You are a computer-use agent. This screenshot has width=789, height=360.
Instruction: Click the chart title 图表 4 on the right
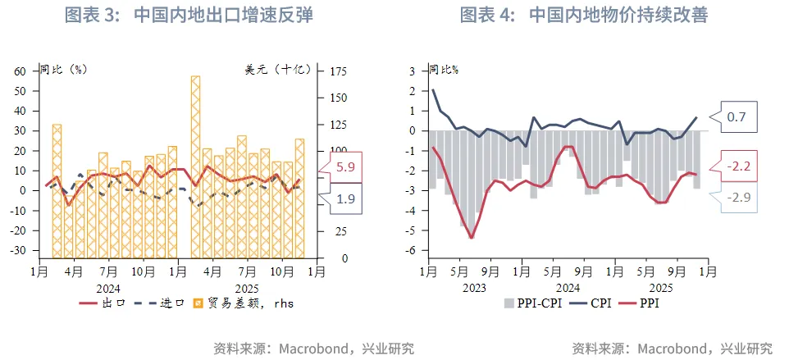click(583, 15)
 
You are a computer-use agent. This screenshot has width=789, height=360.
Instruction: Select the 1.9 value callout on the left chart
click(346, 199)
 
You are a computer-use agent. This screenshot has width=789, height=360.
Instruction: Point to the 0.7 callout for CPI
click(737, 118)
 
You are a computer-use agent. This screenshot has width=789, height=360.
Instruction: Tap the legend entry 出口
click(103, 303)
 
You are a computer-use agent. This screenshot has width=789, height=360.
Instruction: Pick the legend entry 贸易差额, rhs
click(242, 303)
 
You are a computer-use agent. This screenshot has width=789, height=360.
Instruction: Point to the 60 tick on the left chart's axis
click(21, 71)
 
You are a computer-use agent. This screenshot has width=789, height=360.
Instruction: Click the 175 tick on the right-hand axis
click(338, 71)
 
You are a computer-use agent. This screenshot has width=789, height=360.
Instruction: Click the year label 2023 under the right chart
click(474, 288)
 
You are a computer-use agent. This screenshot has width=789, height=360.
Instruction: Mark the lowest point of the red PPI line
click(472, 238)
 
